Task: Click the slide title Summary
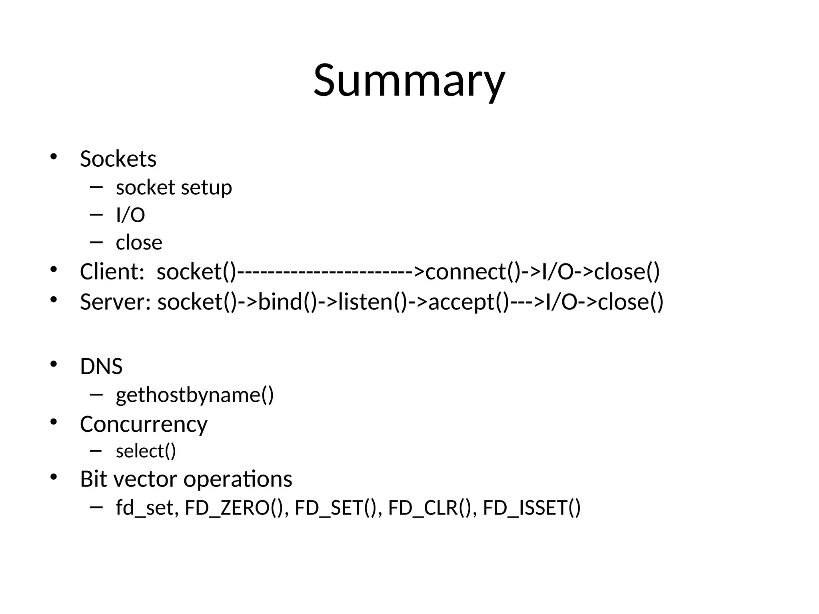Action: click(409, 81)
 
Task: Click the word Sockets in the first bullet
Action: click(118, 159)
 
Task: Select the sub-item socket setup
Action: click(174, 187)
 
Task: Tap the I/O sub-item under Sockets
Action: click(130, 215)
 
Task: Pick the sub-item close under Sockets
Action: click(139, 243)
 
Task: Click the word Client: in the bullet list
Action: click(112, 272)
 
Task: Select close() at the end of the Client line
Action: click(627, 272)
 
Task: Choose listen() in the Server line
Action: click(372, 302)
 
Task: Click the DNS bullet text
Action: click(101, 366)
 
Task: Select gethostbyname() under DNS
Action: click(195, 395)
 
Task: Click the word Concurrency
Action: click(144, 424)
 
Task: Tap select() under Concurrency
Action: click(146, 451)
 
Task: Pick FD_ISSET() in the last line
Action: click(531, 508)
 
